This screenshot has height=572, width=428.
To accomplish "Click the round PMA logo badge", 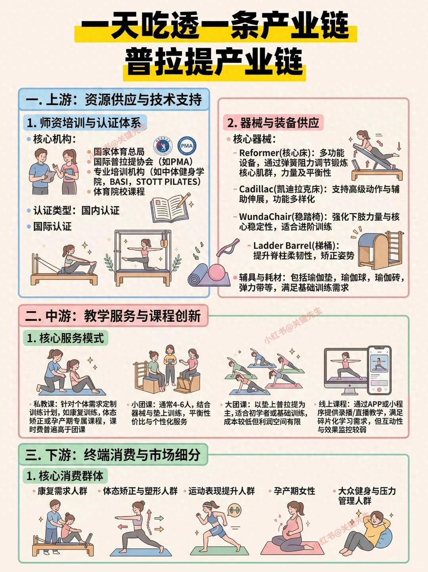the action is point(187,146).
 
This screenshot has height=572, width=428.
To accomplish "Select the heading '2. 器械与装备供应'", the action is point(273,123).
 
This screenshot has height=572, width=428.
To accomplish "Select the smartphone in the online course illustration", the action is point(379,370).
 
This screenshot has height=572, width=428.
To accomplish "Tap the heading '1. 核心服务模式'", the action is point(65,338).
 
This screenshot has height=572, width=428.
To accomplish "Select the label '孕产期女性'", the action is point(294,491).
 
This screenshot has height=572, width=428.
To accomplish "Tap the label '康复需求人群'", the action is point(63,491).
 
